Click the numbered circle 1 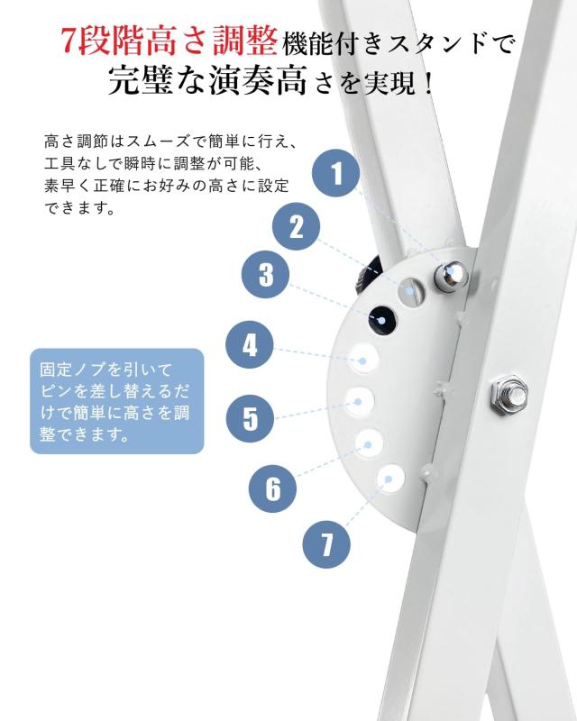point(337,173)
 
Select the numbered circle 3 point(266,275)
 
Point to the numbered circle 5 point(250,418)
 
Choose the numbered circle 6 point(273,488)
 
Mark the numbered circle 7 point(325,543)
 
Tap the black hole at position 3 point(380,318)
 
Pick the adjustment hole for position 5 point(360,398)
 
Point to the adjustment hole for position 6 point(370,440)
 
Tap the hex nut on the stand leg point(503,394)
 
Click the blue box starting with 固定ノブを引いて point(117,401)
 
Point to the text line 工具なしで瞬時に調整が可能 point(151,165)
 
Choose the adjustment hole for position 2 point(414,290)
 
